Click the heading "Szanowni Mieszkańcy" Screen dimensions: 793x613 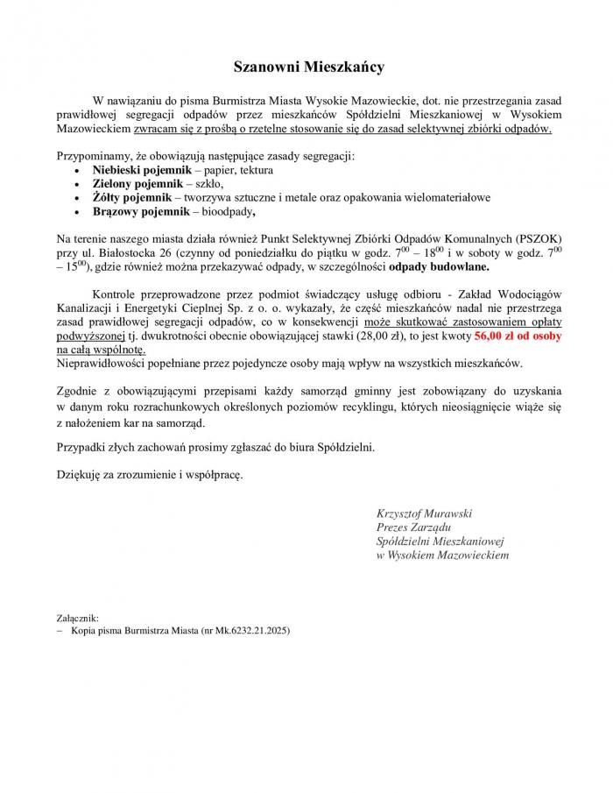(x=308, y=66)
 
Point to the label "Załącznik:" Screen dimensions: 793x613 (x=78, y=617)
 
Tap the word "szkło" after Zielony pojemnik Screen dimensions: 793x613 (x=208, y=184)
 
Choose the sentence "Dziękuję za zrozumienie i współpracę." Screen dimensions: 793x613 (x=149, y=475)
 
